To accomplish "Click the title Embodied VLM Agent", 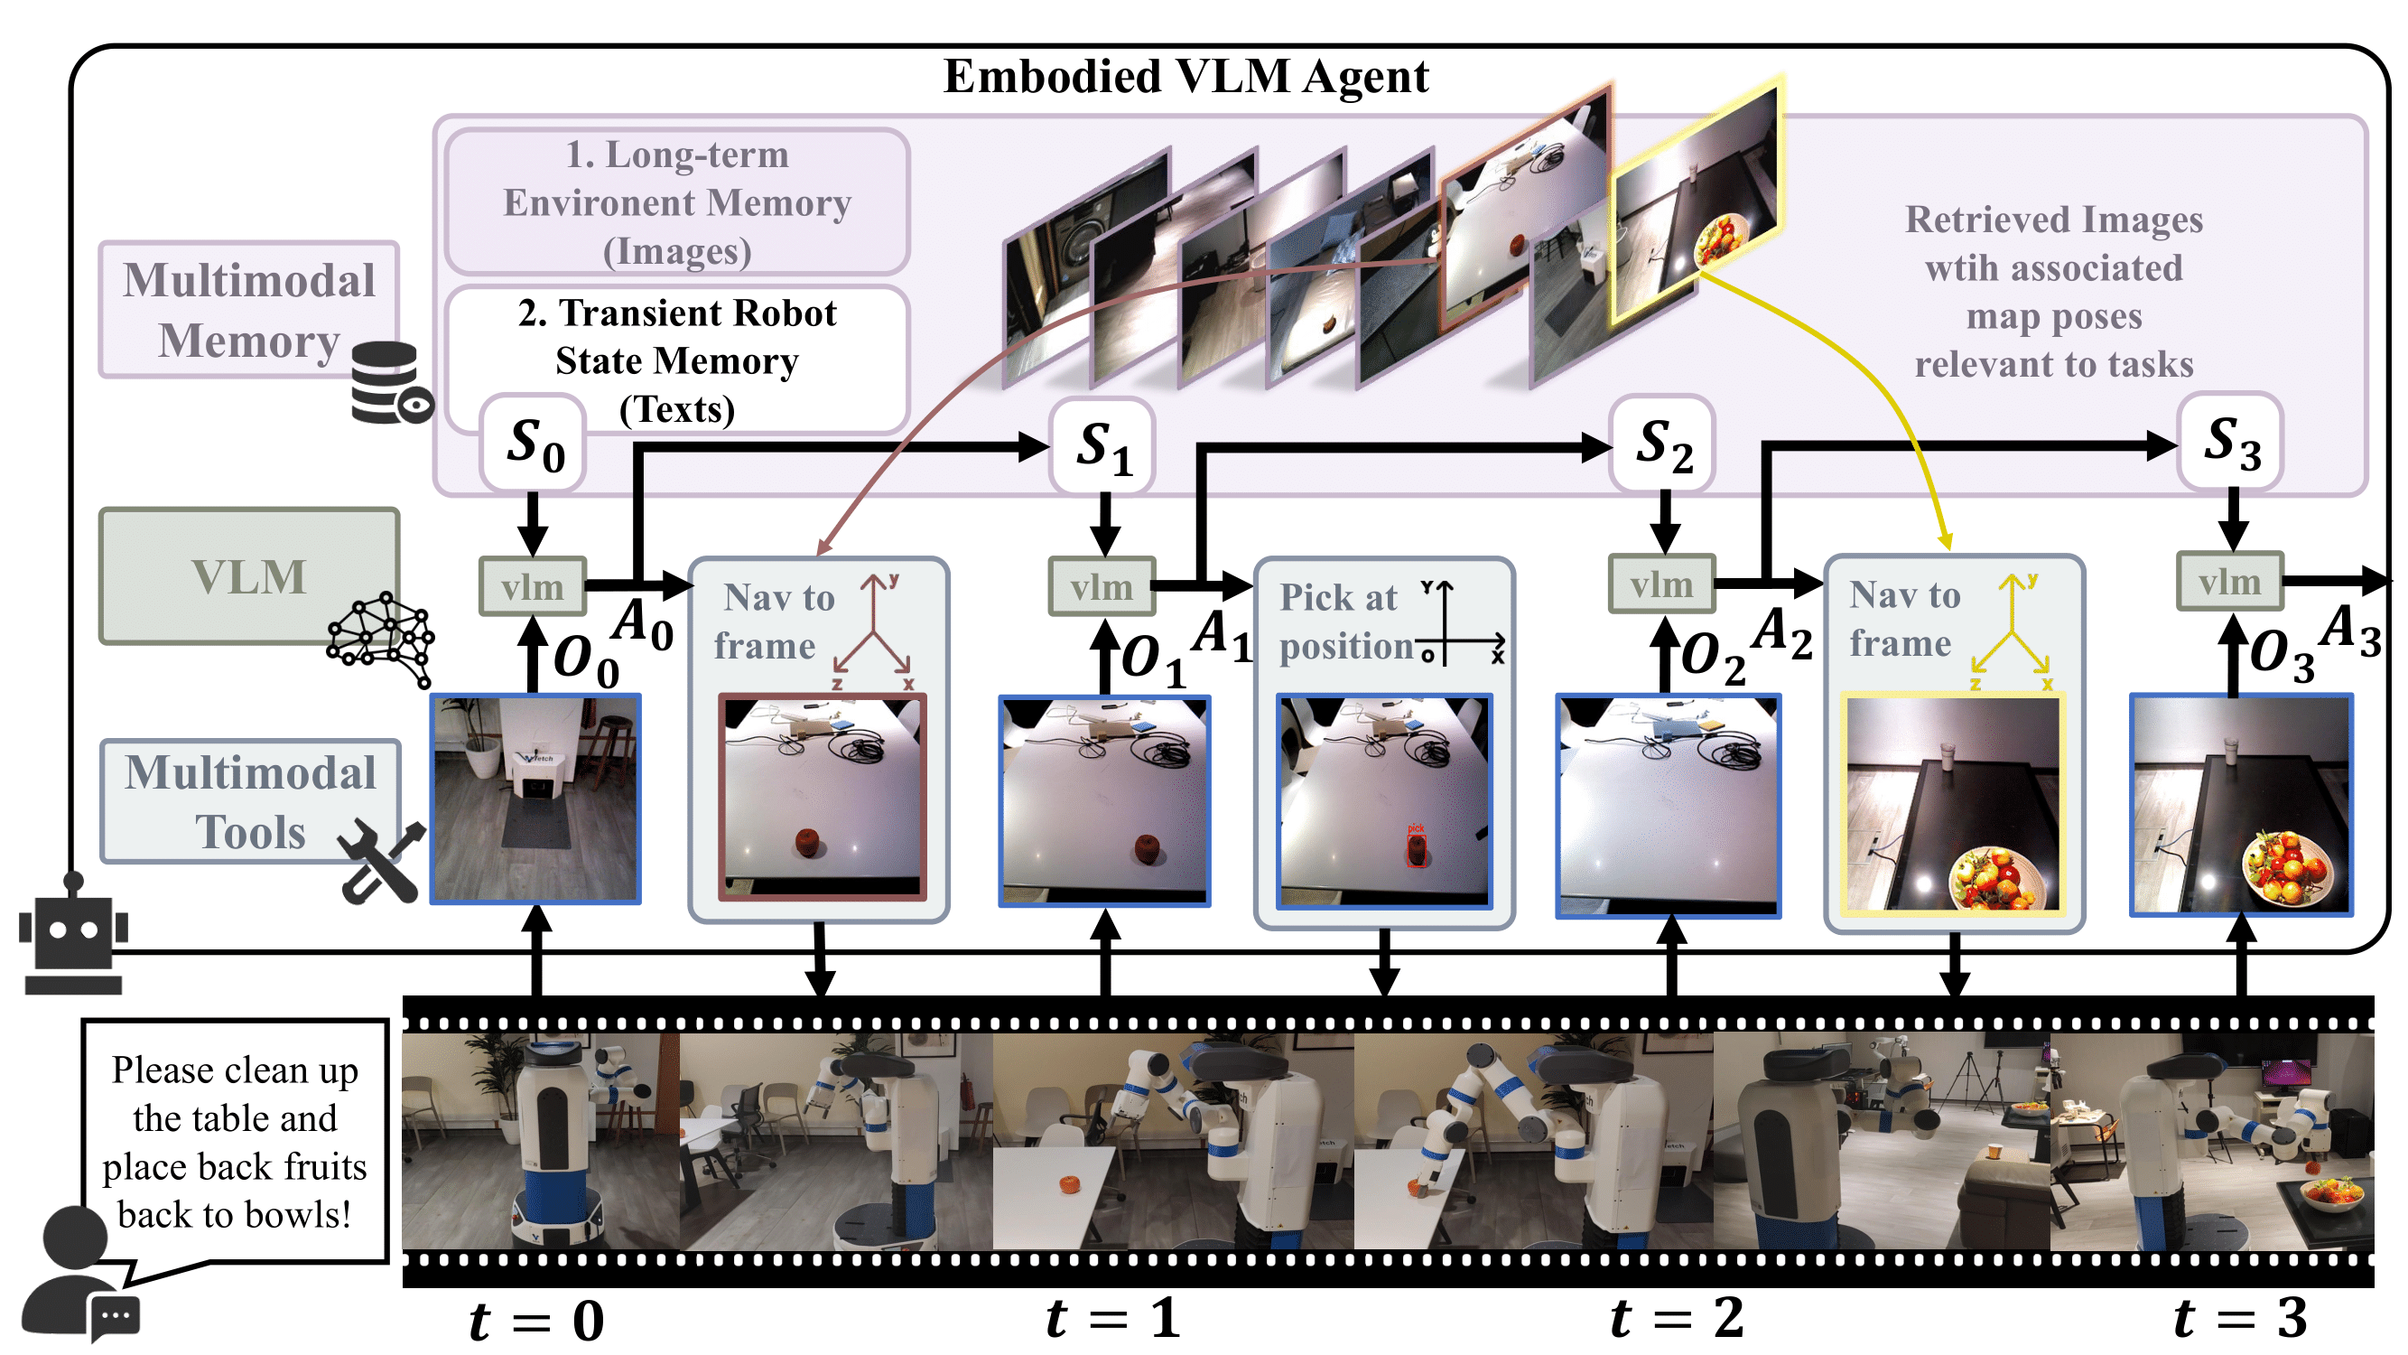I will (1185, 77).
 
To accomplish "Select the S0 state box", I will (533, 444).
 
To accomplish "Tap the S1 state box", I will (1103, 445).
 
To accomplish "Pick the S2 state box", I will (1663, 444).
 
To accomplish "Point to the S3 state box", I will (2231, 442).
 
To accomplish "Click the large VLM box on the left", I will (249, 576).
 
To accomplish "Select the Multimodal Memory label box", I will (248, 310).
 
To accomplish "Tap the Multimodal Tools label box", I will (249, 801).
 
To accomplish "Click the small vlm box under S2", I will (1661, 584).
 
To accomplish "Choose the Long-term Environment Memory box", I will (677, 202).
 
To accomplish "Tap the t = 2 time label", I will (1676, 1319).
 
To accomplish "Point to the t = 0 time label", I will (536, 1321).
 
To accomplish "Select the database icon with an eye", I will (391, 382).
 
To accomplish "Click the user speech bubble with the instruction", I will (235, 1142).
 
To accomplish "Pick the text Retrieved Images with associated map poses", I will (2053, 292).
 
